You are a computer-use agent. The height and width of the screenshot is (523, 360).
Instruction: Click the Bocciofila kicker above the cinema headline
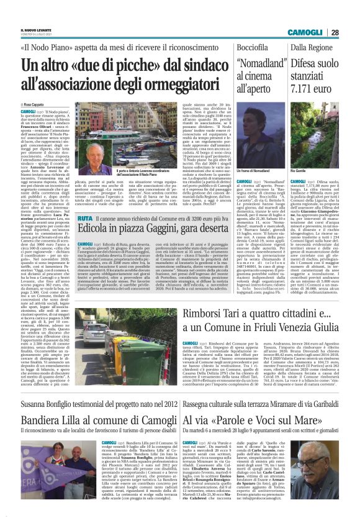(253, 47)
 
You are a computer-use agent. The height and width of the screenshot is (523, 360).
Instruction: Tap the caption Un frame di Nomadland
(254, 168)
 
